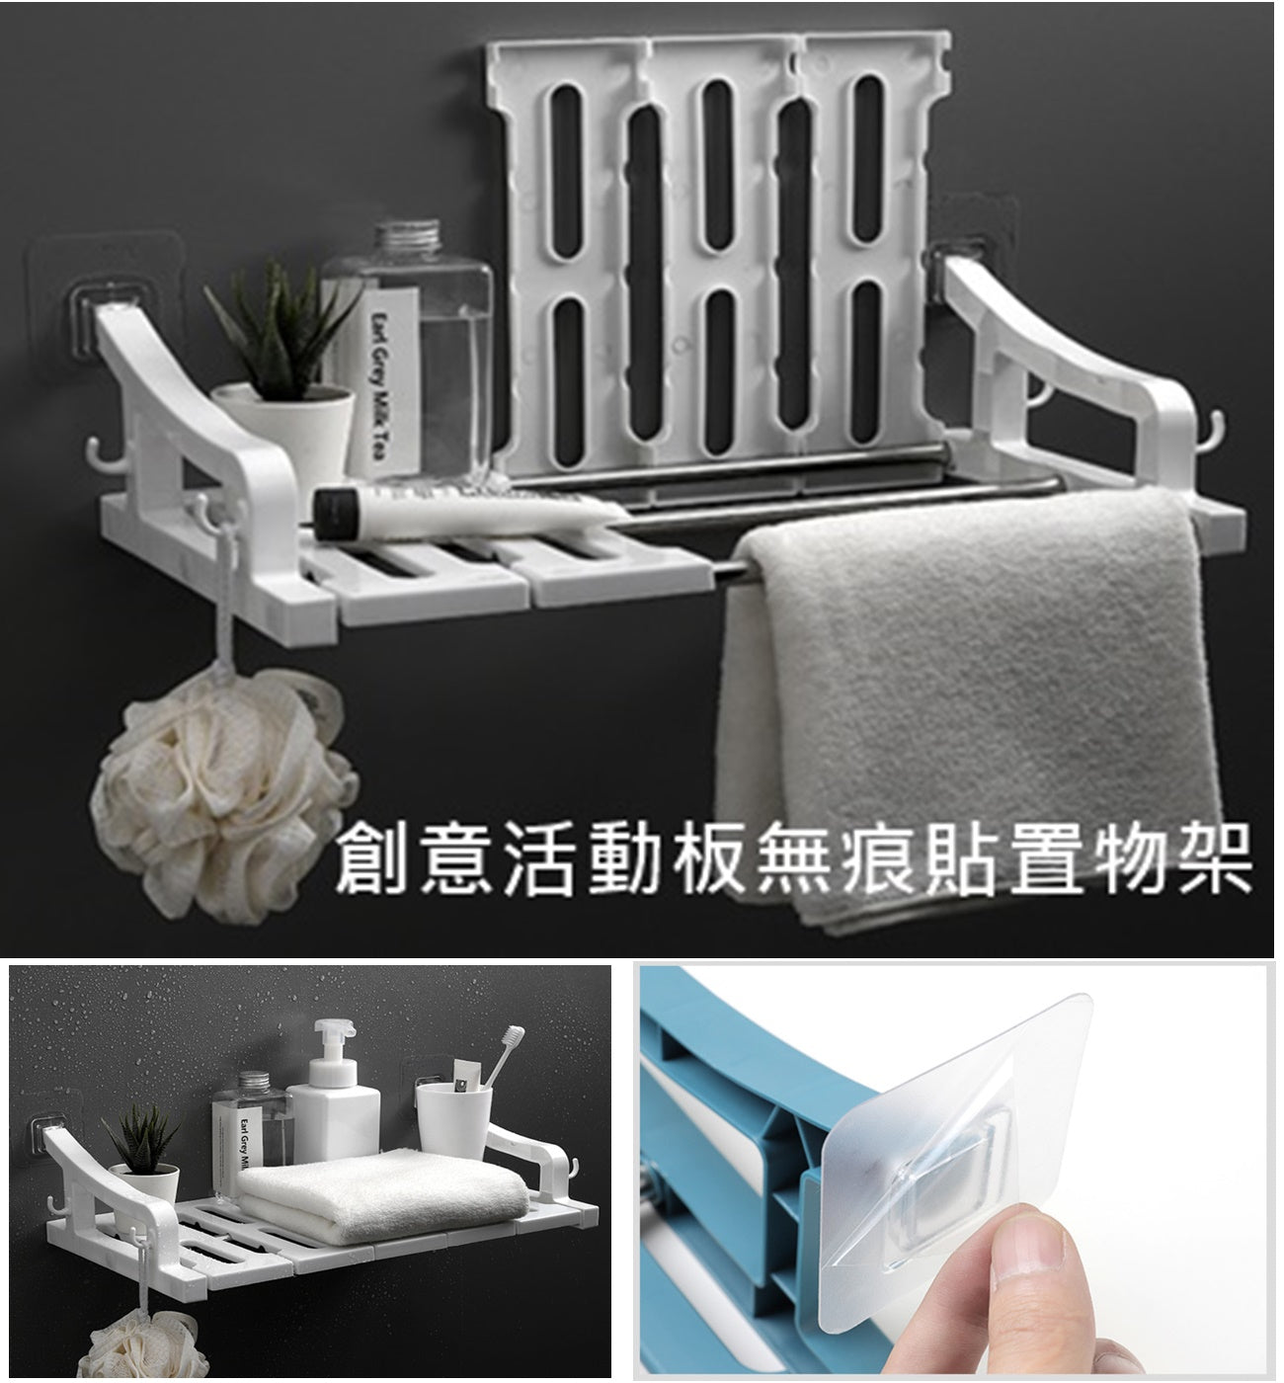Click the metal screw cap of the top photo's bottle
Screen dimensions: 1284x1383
tap(408, 237)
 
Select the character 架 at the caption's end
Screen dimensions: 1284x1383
tap(1212, 858)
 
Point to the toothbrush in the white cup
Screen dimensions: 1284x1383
tap(504, 1058)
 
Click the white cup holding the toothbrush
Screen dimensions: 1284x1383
tap(453, 1122)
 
